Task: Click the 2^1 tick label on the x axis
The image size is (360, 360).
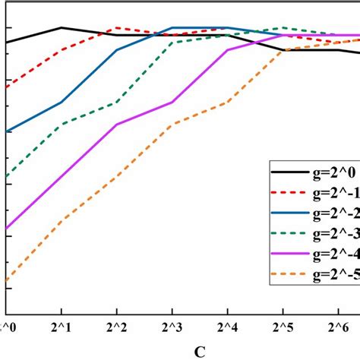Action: (x=61, y=327)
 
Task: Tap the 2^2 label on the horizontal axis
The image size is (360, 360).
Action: (x=116, y=327)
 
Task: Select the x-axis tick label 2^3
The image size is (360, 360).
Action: (x=172, y=327)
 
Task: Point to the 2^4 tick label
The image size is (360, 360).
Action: (x=227, y=327)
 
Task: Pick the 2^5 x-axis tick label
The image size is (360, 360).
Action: (x=283, y=327)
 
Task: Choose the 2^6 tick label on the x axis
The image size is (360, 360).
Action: (x=338, y=327)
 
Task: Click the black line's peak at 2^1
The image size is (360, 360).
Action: (x=61, y=27)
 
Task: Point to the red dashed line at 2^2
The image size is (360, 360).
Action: (x=116, y=27)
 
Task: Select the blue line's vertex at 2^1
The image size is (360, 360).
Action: (x=61, y=102)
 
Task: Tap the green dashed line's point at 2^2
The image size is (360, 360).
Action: (x=116, y=102)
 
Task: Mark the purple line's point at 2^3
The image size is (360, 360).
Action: (x=172, y=102)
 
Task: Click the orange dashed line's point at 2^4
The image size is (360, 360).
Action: (x=227, y=102)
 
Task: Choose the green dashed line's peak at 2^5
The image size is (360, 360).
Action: (x=283, y=27)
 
